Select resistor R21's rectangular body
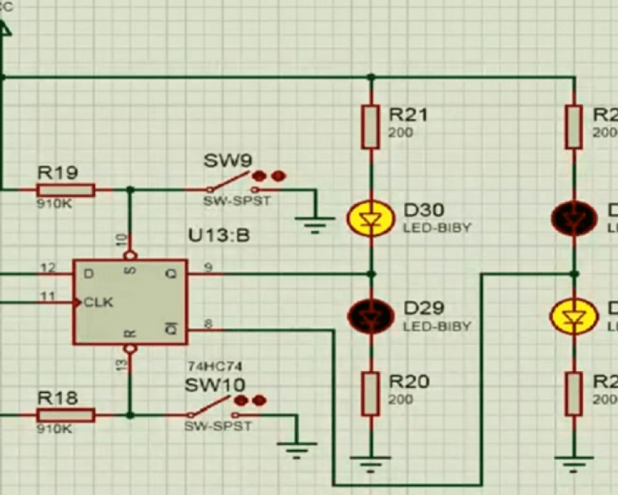tap(370, 127)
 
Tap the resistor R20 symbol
tap(370, 394)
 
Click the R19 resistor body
tap(66, 189)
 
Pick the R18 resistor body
tap(66, 415)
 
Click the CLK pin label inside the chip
tap(99, 303)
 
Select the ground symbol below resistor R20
tap(370, 462)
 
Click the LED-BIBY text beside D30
tap(437, 228)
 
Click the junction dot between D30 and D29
tap(370, 273)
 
